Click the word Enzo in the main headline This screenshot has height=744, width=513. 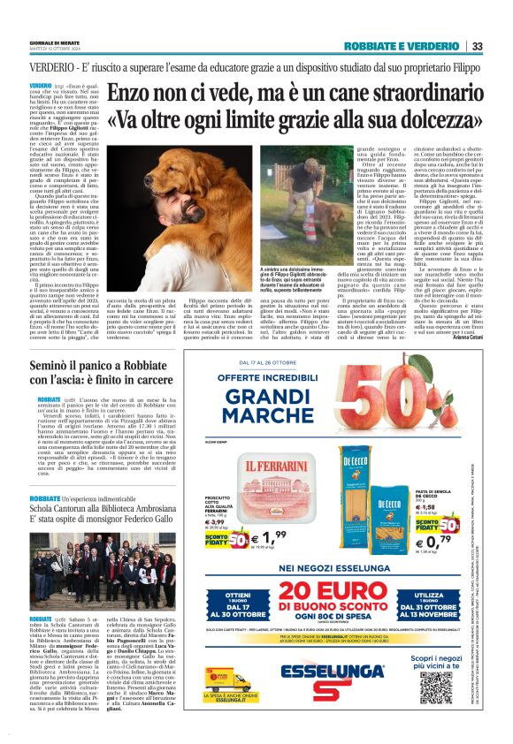130,92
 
